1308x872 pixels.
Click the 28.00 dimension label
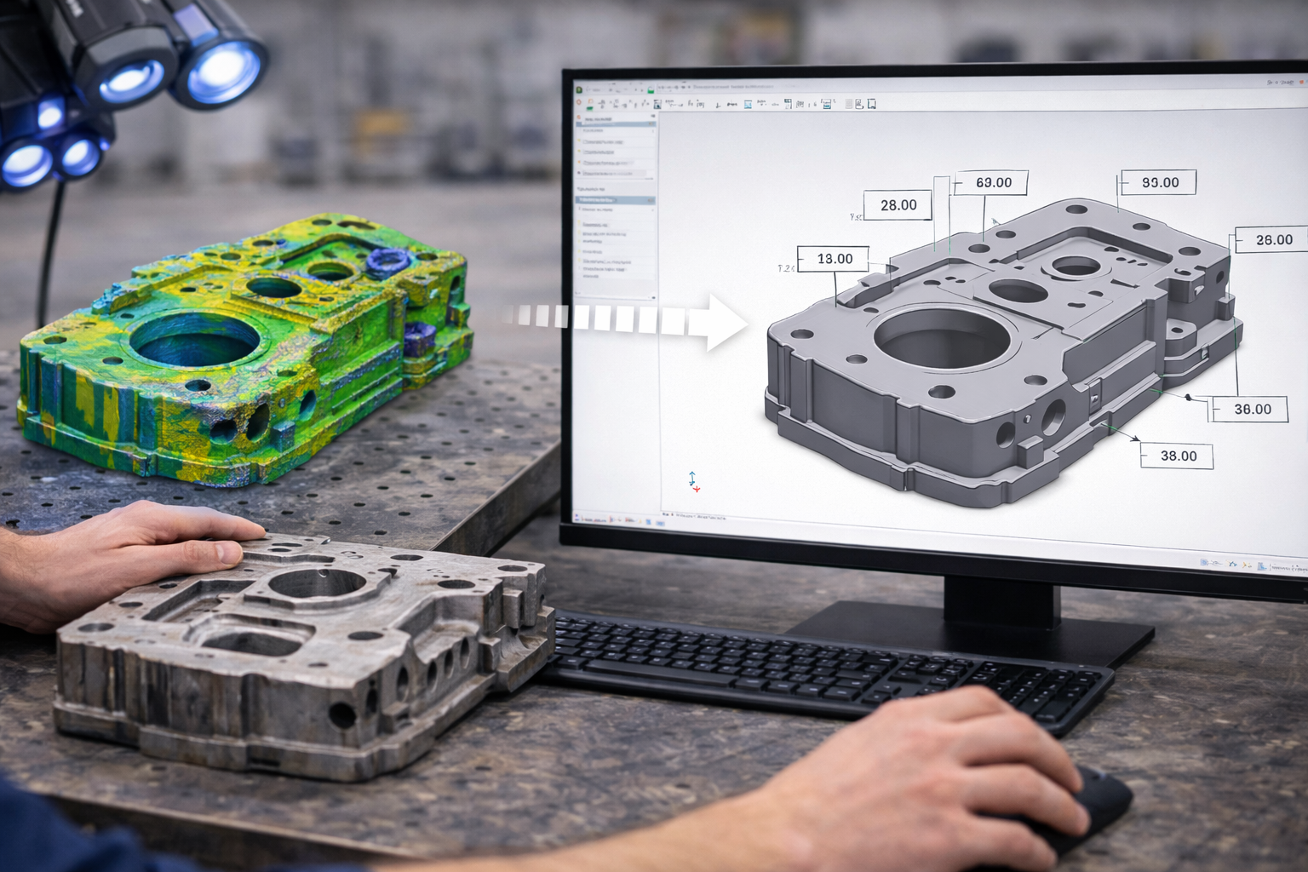[898, 205]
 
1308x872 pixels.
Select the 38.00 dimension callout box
[1179, 456]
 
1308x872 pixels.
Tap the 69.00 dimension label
[993, 182]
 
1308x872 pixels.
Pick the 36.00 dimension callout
[1252, 409]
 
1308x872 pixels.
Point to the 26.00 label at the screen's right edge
[1273, 240]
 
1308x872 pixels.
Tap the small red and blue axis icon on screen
[694, 483]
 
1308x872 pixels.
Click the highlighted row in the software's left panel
[615, 199]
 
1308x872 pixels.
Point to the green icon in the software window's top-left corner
[579, 88]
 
